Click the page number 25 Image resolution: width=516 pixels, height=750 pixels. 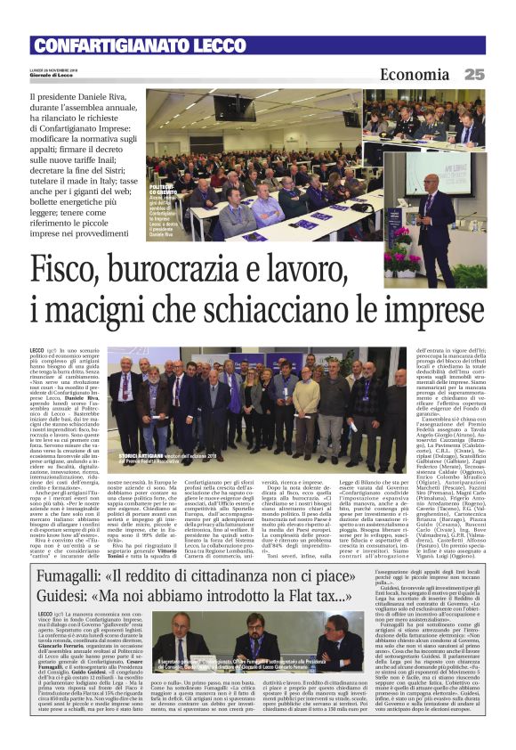pyautogui.click(x=473, y=76)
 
